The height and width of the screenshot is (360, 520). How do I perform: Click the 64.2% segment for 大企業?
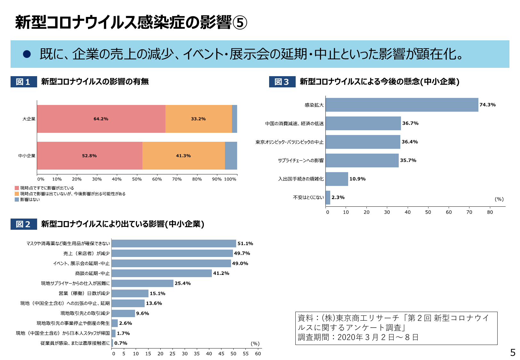(101, 119)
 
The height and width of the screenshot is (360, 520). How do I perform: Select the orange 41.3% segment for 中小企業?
(183, 156)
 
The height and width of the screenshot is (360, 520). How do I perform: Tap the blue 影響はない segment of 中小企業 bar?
(231, 156)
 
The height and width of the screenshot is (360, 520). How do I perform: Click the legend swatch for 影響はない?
(17, 199)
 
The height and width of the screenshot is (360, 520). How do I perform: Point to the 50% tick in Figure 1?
(137, 179)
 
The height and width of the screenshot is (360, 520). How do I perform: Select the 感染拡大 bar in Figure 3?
(402, 105)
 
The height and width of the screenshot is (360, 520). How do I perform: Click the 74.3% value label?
(487, 105)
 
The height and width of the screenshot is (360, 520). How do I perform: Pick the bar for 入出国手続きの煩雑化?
(337, 179)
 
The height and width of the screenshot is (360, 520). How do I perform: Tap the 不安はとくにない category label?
(308, 197)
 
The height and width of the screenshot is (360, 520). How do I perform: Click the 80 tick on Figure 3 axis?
(490, 212)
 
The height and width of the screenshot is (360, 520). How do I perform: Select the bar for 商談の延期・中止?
(162, 273)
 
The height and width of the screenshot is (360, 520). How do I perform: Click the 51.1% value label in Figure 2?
(245, 244)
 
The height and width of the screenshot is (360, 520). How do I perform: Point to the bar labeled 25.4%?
(142, 283)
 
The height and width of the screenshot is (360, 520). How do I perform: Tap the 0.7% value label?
(121, 343)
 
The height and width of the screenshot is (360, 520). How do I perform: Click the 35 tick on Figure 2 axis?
(197, 354)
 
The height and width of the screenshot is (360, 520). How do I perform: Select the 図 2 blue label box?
(24, 224)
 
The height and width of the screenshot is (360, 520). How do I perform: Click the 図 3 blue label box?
(282, 82)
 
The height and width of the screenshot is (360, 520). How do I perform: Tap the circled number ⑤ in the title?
(240, 23)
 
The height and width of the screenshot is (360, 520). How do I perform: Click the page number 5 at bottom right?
(513, 353)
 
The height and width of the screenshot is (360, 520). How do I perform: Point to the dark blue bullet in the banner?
(27, 54)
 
